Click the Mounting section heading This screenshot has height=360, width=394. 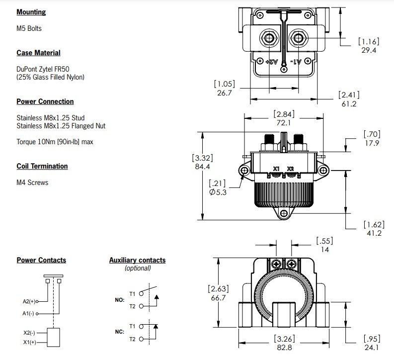pyautogui.click(x=31, y=12)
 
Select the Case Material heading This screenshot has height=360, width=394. pyautogui.click(x=38, y=53)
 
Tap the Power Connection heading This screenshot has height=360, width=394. pyautogui.click(x=45, y=101)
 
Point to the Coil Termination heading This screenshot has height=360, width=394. pyautogui.click(x=42, y=166)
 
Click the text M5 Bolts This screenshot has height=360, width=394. pyautogui.click(x=29, y=28)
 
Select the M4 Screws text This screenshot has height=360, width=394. pyautogui.click(x=32, y=182)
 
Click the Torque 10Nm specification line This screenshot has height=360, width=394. pyautogui.click(x=55, y=142)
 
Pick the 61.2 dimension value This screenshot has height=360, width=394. pyautogui.click(x=349, y=104)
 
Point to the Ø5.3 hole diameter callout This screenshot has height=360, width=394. pyautogui.click(x=218, y=192)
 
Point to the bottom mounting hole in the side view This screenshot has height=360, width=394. pyautogui.click(x=284, y=214)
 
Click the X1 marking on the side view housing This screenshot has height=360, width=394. pyautogui.click(x=277, y=169)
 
